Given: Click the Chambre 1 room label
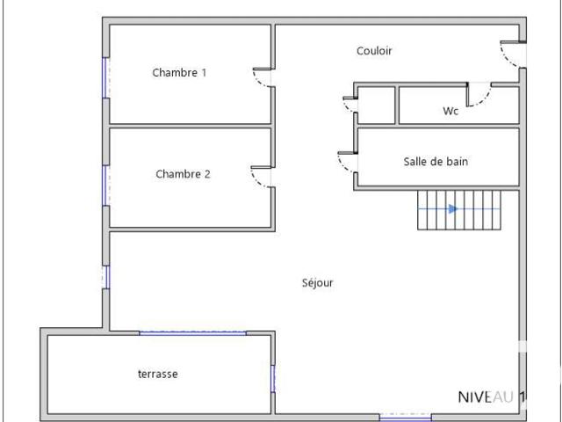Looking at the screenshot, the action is [179, 73].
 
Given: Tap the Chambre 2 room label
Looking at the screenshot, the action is [183, 174].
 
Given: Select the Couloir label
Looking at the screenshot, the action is [374, 51].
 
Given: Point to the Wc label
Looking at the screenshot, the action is [450, 111].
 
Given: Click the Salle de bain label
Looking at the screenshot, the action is [436, 162].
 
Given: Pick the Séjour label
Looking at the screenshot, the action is [318, 283].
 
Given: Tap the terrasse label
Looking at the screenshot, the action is [158, 375].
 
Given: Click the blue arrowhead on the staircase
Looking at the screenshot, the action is [453, 209].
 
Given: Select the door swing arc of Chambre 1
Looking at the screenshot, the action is [260, 82].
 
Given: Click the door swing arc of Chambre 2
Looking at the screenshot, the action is [257, 181].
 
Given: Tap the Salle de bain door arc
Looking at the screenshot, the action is [342, 166].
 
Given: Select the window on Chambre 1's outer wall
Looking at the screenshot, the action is [104, 77].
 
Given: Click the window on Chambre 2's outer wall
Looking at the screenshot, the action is [104, 186].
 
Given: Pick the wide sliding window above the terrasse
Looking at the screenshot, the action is [193, 333].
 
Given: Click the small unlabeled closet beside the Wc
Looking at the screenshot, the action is [377, 105].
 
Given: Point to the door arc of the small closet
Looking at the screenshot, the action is [348, 106].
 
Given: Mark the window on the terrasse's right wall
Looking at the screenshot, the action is [273, 379].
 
